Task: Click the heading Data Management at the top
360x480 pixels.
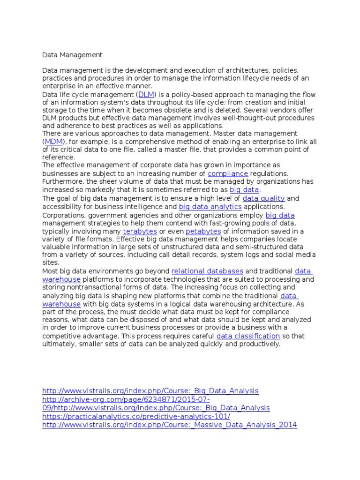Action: [x=72, y=55]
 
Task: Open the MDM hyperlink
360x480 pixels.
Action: [x=53, y=141]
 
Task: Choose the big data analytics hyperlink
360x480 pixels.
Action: [x=210, y=206]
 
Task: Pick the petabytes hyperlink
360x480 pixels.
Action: [x=203, y=231]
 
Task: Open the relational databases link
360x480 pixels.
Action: [x=207, y=271]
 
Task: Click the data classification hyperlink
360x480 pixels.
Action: [x=248, y=336]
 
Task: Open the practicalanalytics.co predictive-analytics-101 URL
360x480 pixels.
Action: [x=136, y=416]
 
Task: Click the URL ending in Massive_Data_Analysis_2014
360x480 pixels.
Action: [x=170, y=425]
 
